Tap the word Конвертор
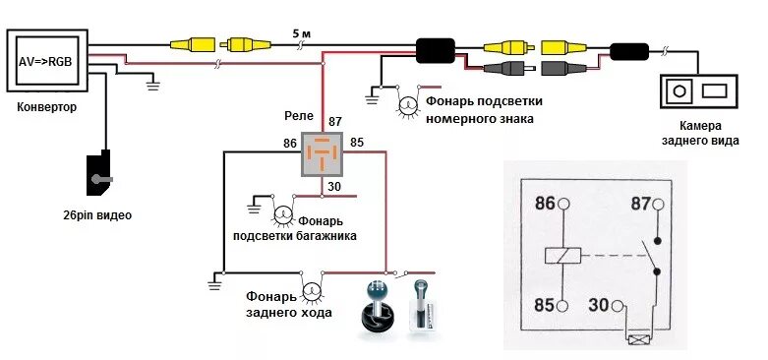46,106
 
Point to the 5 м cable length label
302,33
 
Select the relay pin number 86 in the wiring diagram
289,143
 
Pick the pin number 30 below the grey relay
334,187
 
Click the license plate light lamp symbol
406,102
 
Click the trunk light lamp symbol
281,213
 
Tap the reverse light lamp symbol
313,290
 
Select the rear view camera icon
698,92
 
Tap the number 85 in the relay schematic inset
546,305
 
